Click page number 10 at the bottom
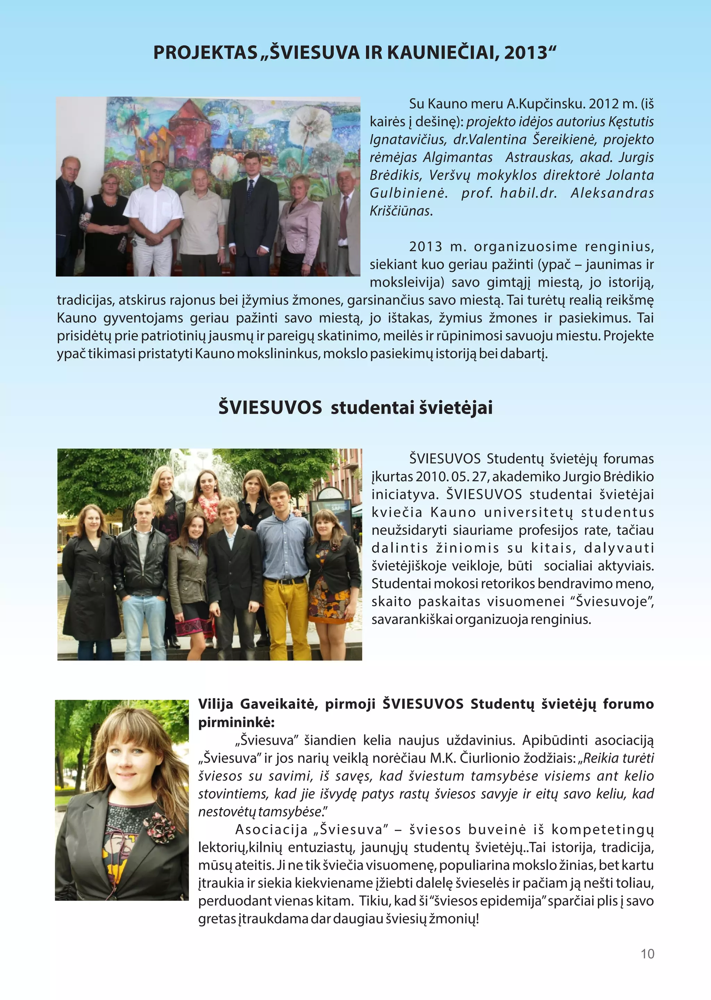(647, 954)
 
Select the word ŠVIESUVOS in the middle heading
(270, 407)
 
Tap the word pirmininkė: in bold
(236, 722)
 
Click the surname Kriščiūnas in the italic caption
(401, 211)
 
